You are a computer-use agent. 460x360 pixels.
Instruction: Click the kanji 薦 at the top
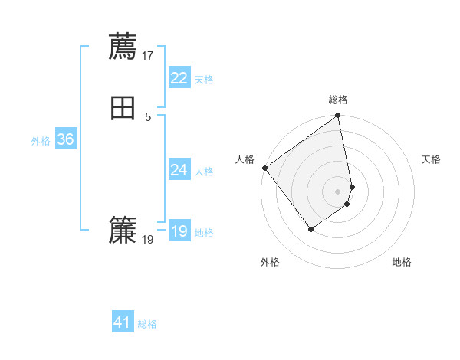pyautogui.click(x=123, y=47)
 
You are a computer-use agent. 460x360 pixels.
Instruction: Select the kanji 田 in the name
pyautogui.click(x=123, y=108)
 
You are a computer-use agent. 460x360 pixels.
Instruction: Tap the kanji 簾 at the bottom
pyautogui.click(x=123, y=230)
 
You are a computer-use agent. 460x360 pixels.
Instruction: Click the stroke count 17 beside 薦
pyautogui.click(x=148, y=55)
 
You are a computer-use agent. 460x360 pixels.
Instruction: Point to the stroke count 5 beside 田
pyautogui.click(x=148, y=116)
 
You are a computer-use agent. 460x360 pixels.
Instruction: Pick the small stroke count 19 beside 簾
pyautogui.click(x=148, y=239)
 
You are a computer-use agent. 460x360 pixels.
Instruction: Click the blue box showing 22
pyautogui.click(x=179, y=78)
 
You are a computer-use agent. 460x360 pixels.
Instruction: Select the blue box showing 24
pyautogui.click(x=179, y=170)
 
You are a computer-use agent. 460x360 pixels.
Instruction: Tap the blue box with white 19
pyautogui.click(x=179, y=231)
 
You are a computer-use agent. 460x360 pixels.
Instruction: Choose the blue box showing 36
pyautogui.click(x=65, y=139)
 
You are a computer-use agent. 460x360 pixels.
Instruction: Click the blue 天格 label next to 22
pyautogui.click(x=204, y=80)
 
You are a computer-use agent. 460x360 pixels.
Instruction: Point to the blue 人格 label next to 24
pyautogui.click(x=204, y=172)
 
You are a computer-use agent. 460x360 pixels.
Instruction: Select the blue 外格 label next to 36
pyautogui.click(x=41, y=141)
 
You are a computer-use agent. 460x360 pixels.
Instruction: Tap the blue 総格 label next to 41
pyautogui.click(x=148, y=324)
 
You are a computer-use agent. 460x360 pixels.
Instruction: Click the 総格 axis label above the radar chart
pyautogui.click(x=338, y=100)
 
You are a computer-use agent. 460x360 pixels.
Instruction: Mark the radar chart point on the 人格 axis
pyautogui.click(x=264, y=168)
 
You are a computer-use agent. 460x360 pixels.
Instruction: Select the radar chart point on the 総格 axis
pyautogui.click(x=338, y=116)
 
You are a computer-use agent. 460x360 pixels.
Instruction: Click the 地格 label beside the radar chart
pyautogui.click(x=402, y=262)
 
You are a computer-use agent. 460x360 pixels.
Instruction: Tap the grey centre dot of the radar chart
pyautogui.click(x=338, y=191)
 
